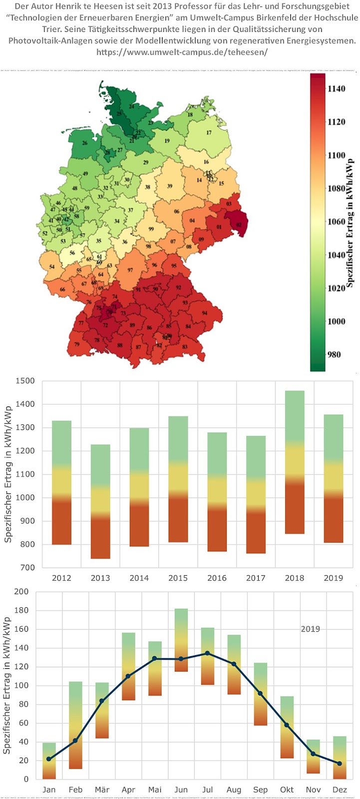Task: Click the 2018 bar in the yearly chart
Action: coord(295,462)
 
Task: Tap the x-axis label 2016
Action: coord(217,578)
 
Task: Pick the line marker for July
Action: coord(207,653)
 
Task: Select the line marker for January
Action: coord(49,759)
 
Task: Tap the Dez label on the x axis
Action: coord(340,790)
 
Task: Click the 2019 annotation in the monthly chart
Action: coord(310,629)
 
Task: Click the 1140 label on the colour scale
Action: coord(336,89)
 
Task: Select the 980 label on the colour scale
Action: coord(334,355)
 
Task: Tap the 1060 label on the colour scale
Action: coord(336,222)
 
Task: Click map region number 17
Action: coord(209,132)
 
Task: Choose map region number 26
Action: coord(85,143)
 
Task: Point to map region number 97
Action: coord(130,270)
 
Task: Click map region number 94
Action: coord(204,313)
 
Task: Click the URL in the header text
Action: coord(182,52)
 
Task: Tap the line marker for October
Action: coord(286,725)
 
